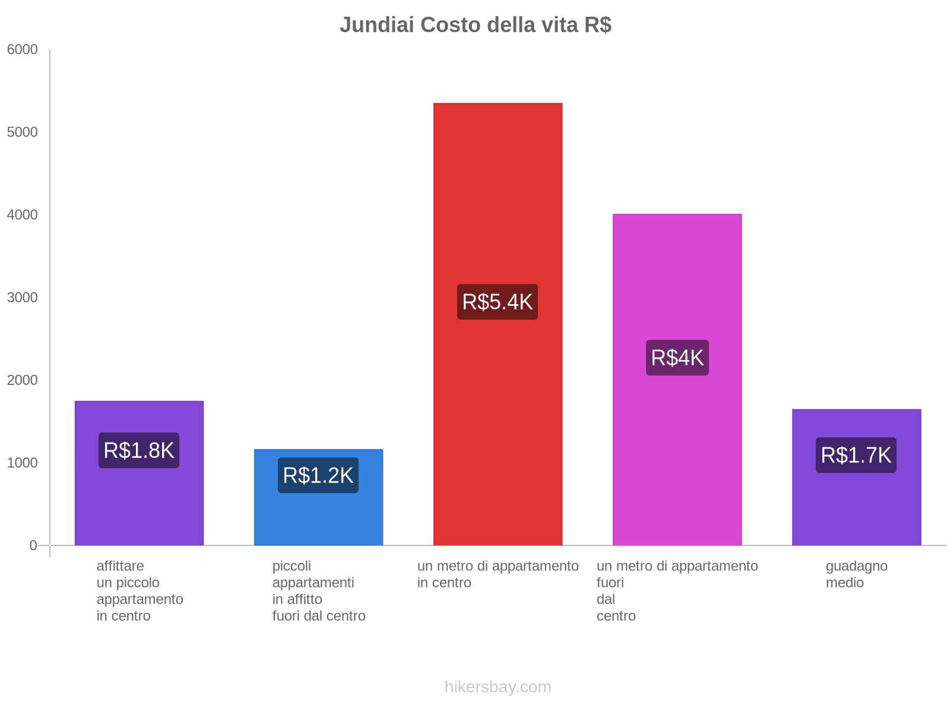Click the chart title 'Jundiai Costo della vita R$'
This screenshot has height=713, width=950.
(x=475, y=25)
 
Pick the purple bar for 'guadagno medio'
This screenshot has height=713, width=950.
(x=856, y=505)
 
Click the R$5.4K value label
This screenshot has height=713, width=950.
(x=498, y=302)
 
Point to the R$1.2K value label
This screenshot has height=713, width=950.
(x=318, y=475)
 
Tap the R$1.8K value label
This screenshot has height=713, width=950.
(x=139, y=450)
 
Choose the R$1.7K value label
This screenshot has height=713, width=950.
(x=856, y=455)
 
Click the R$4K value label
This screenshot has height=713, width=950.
(x=677, y=358)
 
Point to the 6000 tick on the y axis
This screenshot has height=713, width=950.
(x=23, y=50)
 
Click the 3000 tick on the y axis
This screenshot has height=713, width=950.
(x=23, y=298)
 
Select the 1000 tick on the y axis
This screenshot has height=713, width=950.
(x=23, y=463)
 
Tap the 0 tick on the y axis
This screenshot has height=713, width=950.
(x=33, y=545)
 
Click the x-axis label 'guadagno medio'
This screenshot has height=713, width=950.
(x=856, y=575)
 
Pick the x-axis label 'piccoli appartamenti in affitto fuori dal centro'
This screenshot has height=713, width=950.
(x=318, y=591)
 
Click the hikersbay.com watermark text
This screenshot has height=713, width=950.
(x=498, y=687)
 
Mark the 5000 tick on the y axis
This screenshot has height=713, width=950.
(x=23, y=132)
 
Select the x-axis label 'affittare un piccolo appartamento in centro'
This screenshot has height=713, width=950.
(x=140, y=591)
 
